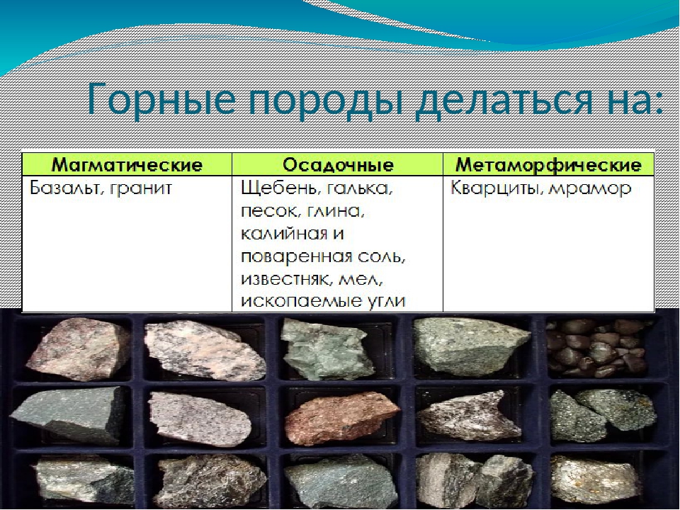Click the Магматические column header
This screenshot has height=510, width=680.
[x=127, y=165]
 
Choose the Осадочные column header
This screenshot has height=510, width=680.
[x=338, y=165]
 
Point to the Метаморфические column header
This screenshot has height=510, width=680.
[x=548, y=165]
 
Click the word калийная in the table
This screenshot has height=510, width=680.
[x=283, y=234]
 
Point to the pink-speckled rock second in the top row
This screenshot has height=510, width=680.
[x=205, y=350]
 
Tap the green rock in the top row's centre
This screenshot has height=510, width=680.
[x=327, y=348]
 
